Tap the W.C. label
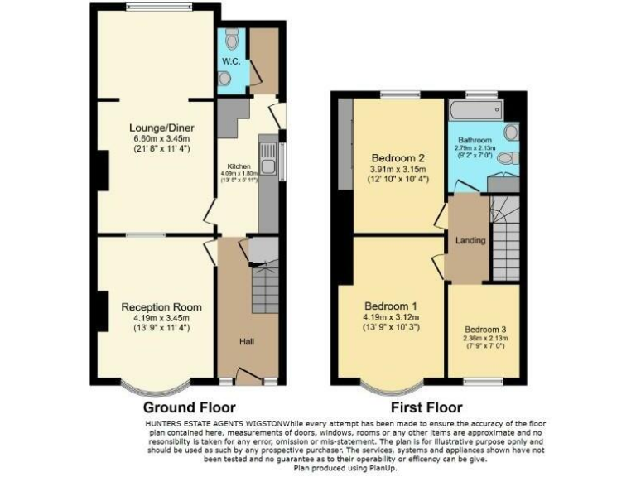pos(229,61)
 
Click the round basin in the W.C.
pos(225,77)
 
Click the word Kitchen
pos(228,165)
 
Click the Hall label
pos(247,340)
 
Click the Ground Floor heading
pos(189,407)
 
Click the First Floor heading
pos(428,407)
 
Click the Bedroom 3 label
pos(484,328)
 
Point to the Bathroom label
pos(476,140)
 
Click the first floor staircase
pos(505,240)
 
